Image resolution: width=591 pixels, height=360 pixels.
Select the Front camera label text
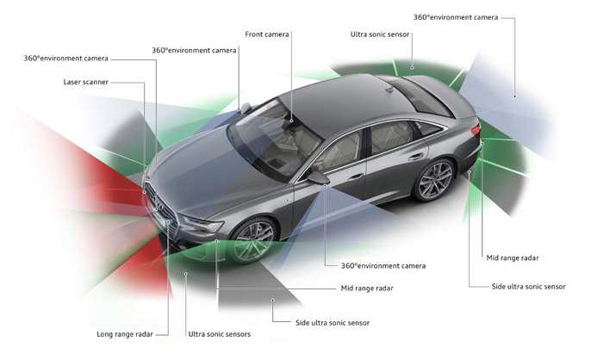(265, 34)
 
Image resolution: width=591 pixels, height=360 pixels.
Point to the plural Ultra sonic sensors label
(219, 333)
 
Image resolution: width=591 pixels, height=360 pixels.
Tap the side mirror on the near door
(318, 177)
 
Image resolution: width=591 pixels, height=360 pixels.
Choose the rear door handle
(416, 157)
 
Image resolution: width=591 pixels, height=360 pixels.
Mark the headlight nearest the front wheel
(202, 226)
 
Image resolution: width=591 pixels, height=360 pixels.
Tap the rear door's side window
(390, 136)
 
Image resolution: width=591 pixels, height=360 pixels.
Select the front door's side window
(340, 152)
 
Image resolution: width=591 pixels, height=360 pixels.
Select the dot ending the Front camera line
(290, 120)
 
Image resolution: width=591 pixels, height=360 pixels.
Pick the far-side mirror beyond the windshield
(246, 108)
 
